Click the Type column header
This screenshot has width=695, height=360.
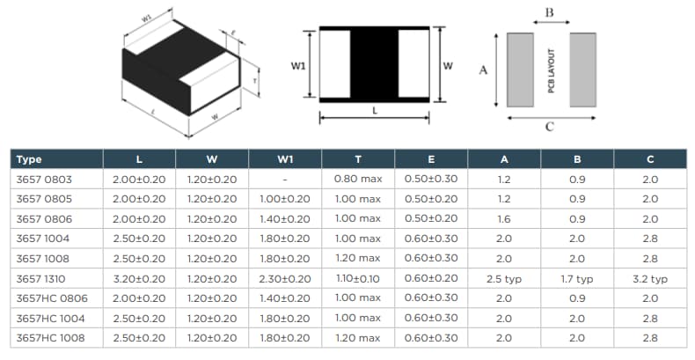pos(30,159)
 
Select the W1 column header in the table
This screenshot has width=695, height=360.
pos(285,159)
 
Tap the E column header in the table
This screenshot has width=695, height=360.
pos(431,159)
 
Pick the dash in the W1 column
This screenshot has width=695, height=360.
pos(285,180)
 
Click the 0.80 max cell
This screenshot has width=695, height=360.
pos(358,180)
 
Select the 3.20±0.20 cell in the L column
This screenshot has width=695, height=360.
pos(139,278)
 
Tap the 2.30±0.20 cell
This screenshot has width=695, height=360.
pos(285,278)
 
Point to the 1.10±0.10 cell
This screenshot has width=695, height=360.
pos(358,278)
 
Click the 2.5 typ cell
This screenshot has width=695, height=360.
pos(504,278)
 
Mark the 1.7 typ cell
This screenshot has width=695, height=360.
pos(577,278)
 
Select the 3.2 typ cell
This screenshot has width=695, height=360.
pos(650,278)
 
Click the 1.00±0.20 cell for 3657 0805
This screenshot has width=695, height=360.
pos(285,199)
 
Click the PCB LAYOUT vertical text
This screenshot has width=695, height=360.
pos(552,70)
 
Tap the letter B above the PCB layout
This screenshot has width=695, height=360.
pos(550,11)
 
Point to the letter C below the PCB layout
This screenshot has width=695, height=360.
pos(550,127)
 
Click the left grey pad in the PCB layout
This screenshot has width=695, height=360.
pos(521,70)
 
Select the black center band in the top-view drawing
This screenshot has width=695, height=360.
pos(375,66)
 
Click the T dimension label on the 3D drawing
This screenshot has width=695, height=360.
pos(254,80)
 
